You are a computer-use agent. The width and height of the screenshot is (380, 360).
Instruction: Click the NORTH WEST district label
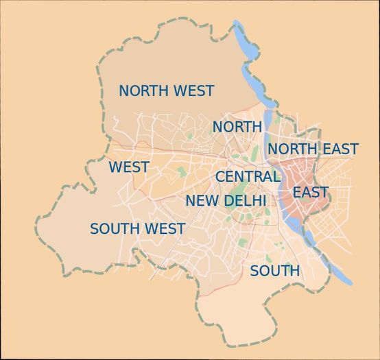coord(166,91)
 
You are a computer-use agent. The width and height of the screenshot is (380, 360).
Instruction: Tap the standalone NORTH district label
coord(237,127)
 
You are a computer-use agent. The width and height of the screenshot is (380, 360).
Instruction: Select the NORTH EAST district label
coord(312,149)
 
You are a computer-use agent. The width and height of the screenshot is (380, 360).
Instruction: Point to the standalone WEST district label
coord(128,167)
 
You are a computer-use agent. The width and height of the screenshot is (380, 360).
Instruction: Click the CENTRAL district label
coord(248,177)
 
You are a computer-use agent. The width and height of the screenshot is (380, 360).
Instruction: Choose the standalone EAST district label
coord(310,193)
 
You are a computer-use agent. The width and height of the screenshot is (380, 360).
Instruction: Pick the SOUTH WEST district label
coord(137,229)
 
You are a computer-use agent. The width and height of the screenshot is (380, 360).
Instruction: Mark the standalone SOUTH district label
coord(274,272)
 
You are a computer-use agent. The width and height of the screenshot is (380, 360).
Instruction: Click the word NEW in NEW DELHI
coord(201,202)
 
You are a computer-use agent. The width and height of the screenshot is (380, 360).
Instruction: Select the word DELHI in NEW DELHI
coord(246,202)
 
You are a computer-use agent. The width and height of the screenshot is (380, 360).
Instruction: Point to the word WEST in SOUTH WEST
coord(164,229)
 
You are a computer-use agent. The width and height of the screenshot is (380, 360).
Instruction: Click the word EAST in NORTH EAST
coord(341,149)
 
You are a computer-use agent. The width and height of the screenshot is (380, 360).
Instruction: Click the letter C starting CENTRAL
coord(221,177)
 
